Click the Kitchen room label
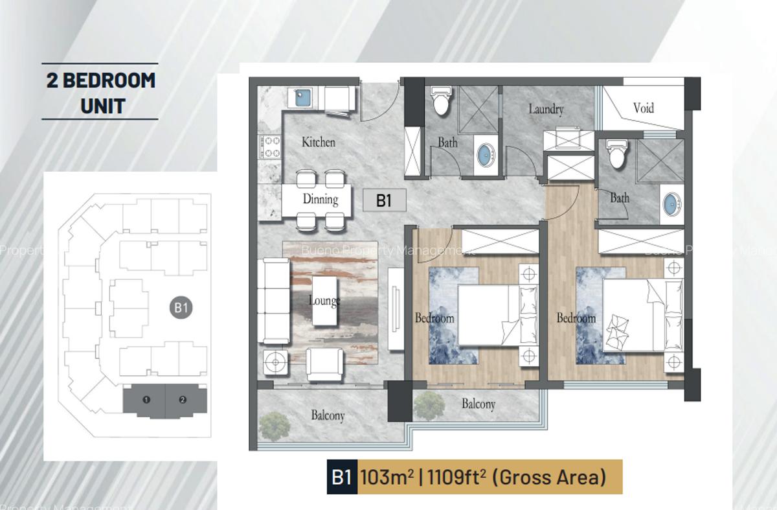(319, 141)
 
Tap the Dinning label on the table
(321, 199)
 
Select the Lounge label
(324, 301)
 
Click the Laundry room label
(546, 109)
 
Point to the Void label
(643, 108)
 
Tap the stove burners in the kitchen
(270, 147)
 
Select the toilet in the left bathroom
(442, 101)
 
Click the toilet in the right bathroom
(616, 154)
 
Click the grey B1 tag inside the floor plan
(384, 201)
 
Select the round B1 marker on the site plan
(181, 307)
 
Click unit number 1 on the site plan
(146, 400)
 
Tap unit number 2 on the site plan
(183, 400)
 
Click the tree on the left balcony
(275, 426)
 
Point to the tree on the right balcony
(429, 404)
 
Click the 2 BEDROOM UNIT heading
(100, 91)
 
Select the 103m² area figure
(387, 478)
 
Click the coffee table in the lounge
(325, 301)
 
